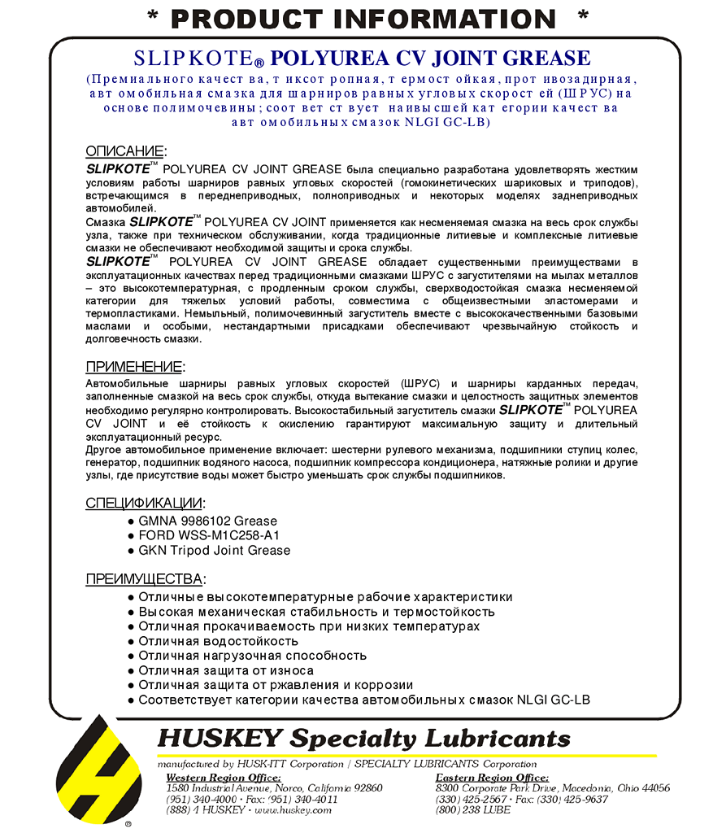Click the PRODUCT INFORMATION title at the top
coord(363,18)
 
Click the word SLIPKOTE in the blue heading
coord(195,59)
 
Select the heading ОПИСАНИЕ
coord(124,151)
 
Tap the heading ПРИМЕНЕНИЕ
coord(134,367)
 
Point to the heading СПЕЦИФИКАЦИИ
coord(144,503)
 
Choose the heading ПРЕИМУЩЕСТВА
coord(144,579)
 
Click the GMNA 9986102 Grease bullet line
coord(207,521)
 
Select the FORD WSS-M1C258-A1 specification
coord(210,536)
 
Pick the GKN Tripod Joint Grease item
coord(214,551)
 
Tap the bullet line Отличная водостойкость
coord(218,642)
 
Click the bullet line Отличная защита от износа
coord(225,671)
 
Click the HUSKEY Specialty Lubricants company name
coord(363,739)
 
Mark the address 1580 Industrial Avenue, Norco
coord(274,788)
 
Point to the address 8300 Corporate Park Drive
coord(552,788)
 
